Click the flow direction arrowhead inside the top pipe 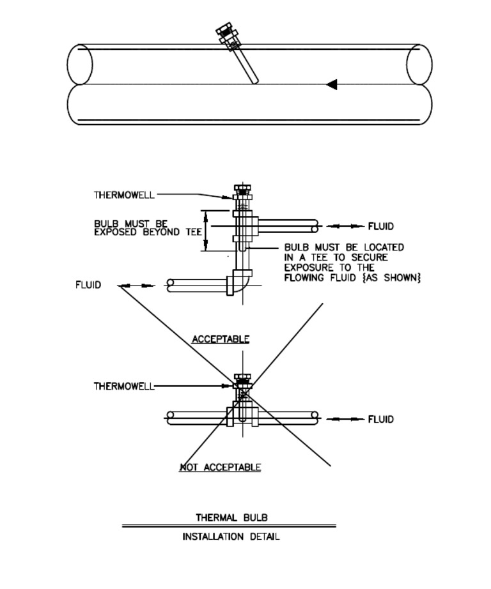pyautogui.click(x=331, y=84)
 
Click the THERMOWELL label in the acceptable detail pyautogui.click(x=124, y=195)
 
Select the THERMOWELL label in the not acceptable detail pyautogui.click(x=124, y=386)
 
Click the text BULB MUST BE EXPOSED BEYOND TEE pyautogui.click(x=148, y=228)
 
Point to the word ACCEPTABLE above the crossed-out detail pyautogui.click(x=221, y=339)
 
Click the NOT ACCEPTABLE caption pyautogui.click(x=220, y=468)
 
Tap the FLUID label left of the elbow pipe pyautogui.click(x=88, y=285)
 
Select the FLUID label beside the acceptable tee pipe pyautogui.click(x=381, y=226)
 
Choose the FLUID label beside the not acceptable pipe pyautogui.click(x=381, y=419)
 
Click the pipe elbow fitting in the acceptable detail pyautogui.click(x=239, y=282)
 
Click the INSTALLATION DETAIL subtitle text pyautogui.click(x=231, y=537)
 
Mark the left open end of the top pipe pyautogui.click(x=79, y=64)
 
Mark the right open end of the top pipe pyautogui.click(x=419, y=65)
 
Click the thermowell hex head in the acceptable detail pyautogui.click(x=242, y=189)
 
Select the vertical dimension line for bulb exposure pyautogui.click(x=206, y=230)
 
